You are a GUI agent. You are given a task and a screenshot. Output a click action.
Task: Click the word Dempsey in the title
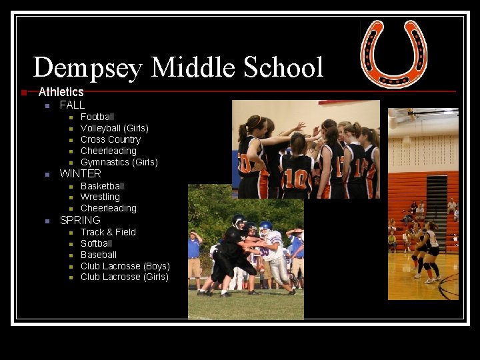[88, 68]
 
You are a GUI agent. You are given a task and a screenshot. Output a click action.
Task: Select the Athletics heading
[61, 92]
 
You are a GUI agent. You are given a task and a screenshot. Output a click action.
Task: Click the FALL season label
[72, 105]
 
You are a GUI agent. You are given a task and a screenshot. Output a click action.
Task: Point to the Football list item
[97, 117]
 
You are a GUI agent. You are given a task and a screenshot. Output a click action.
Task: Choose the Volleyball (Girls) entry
[115, 128]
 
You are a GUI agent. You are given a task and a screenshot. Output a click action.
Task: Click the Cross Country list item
[111, 139]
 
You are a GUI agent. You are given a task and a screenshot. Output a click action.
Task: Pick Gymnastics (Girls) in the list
[119, 162]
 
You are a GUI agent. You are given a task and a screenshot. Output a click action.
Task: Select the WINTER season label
[81, 174]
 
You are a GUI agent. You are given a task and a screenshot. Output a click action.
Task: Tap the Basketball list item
[102, 186]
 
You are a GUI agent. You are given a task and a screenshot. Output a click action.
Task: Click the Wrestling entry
[100, 197]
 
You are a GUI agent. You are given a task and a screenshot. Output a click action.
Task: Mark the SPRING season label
[80, 220]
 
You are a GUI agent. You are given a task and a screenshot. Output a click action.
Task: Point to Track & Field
[108, 232]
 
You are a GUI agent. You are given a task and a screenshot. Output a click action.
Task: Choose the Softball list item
[97, 243]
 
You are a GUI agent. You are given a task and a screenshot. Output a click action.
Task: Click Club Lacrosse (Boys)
[125, 266]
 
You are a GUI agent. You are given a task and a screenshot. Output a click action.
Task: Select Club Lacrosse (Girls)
[125, 277]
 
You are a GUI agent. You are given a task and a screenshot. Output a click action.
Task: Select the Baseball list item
[99, 255]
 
